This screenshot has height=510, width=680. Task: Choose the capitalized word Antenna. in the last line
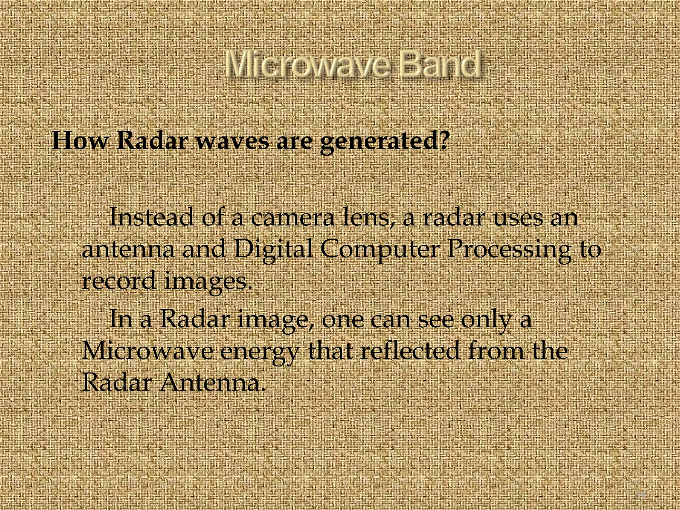[213, 382]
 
